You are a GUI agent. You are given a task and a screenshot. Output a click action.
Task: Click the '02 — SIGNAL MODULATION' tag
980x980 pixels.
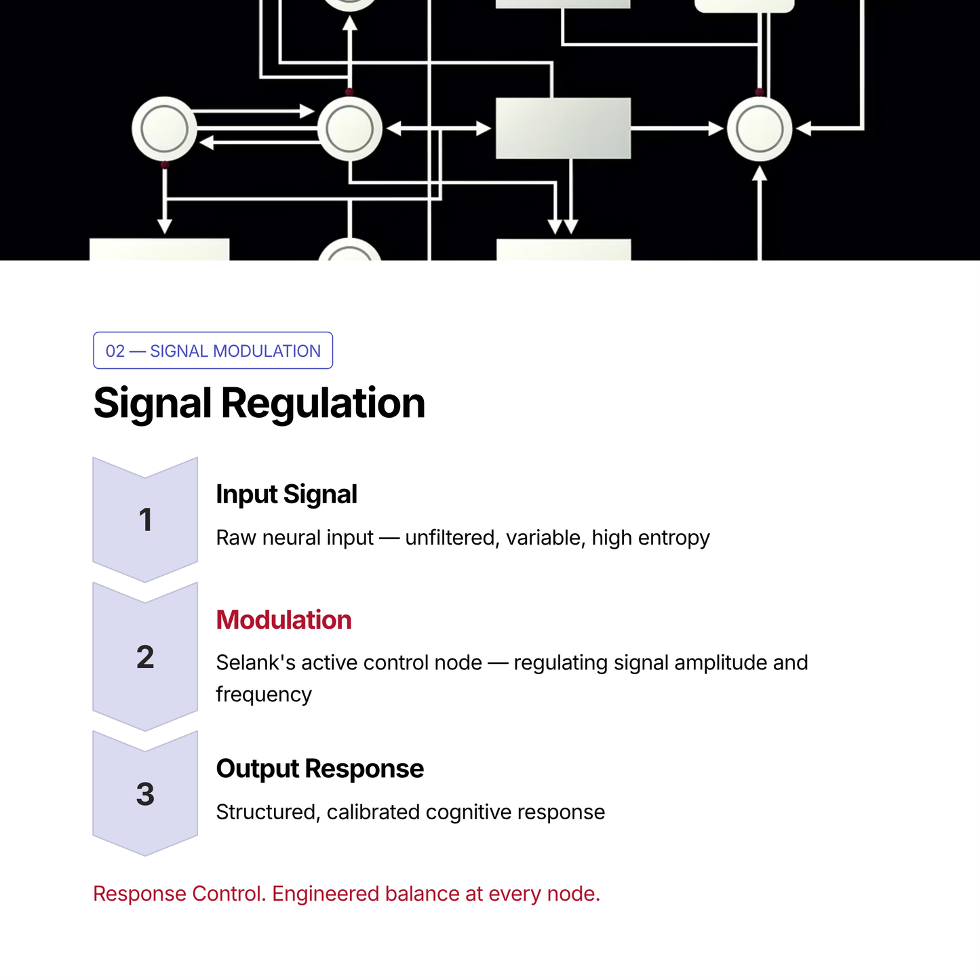[x=212, y=351]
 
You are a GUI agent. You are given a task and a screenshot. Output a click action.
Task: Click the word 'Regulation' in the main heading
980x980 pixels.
[x=323, y=404]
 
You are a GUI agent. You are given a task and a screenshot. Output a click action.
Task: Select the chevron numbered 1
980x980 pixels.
[x=145, y=520]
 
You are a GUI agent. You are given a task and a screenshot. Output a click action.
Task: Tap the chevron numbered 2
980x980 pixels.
[x=145, y=656]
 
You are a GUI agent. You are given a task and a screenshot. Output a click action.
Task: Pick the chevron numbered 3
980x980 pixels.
[x=145, y=793]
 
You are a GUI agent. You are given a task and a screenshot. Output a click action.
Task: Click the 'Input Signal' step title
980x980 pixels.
[x=286, y=494]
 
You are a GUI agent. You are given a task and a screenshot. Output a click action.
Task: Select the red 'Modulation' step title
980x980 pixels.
[x=283, y=619]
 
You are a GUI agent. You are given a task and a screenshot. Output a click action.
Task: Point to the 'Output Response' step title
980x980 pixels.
[x=320, y=768]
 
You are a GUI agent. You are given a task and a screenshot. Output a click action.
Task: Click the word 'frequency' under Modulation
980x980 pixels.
[x=264, y=694]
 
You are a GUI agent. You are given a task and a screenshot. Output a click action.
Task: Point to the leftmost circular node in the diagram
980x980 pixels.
[x=164, y=129]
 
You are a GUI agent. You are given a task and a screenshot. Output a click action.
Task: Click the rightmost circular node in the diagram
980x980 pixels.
[x=760, y=129]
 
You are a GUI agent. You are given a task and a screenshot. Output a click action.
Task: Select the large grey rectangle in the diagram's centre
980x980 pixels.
[x=564, y=128]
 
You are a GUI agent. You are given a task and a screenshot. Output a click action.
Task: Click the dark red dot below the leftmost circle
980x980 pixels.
[x=164, y=165]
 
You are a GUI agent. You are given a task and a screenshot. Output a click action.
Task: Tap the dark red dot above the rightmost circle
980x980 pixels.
[x=760, y=92]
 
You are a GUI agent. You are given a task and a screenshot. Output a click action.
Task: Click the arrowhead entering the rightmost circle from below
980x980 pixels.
[x=760, y=173]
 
